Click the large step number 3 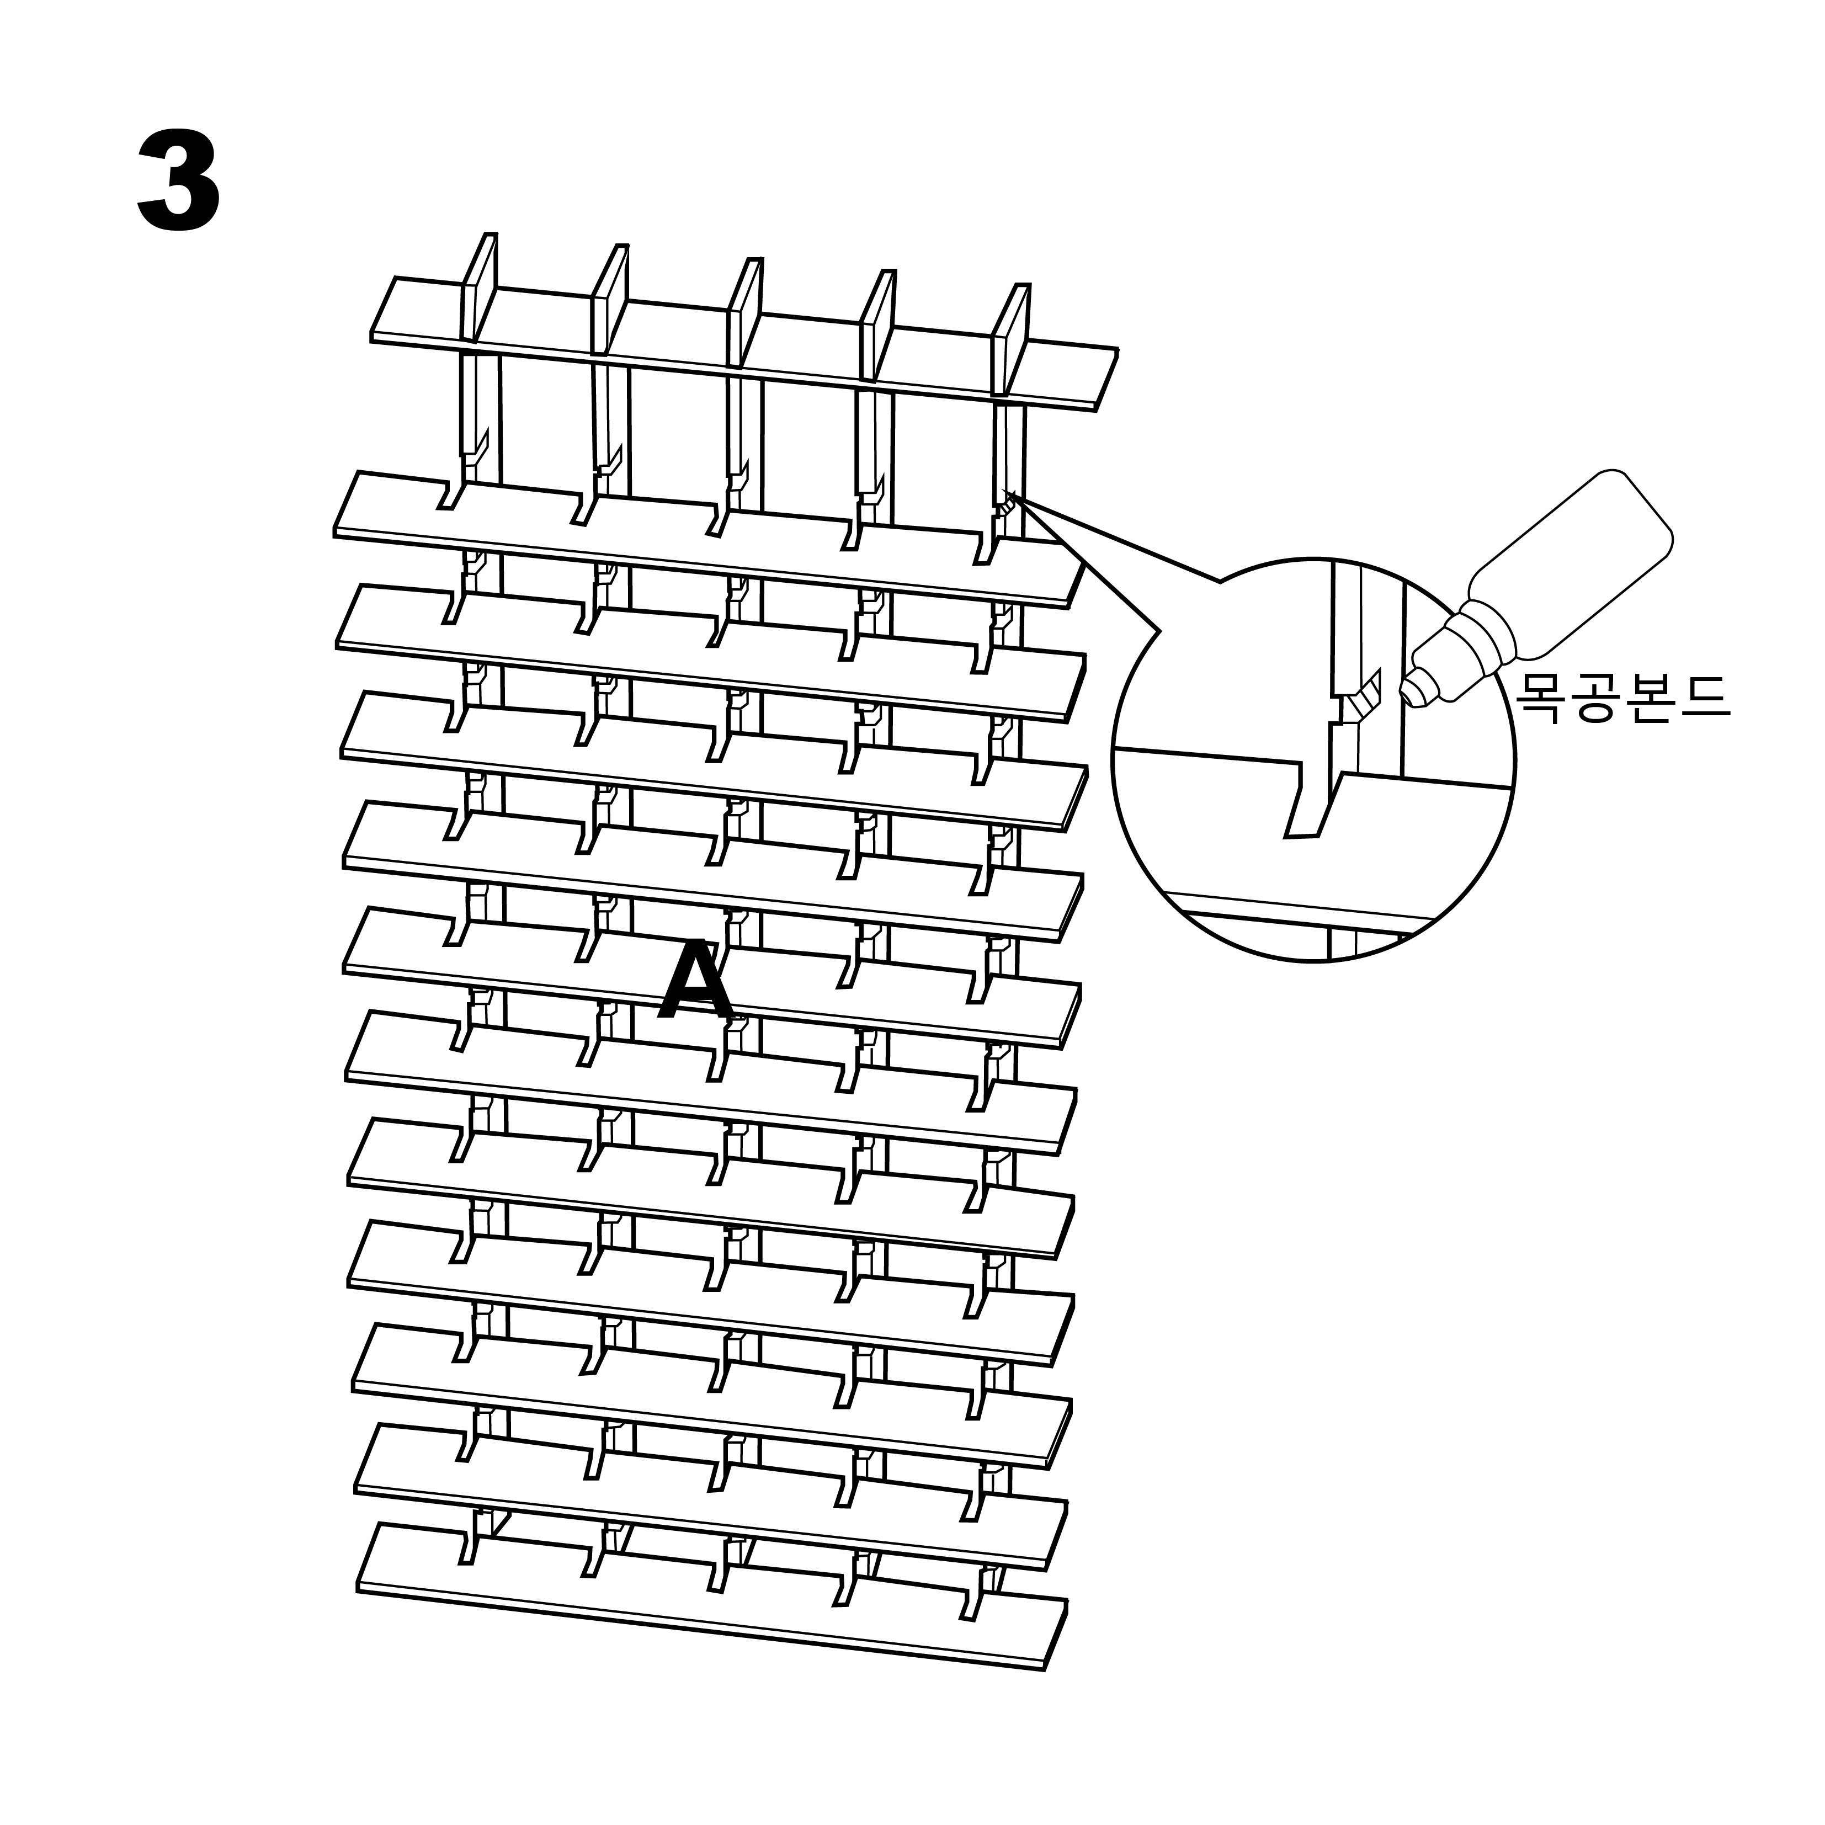pyautogui.click(x=179, y=182)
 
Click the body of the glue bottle pyautogui.click(x=1568, y=567)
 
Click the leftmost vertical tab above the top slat pyautogui.click(x=479, y=288)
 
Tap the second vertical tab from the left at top pyautogui.click(x=610, y=300)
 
